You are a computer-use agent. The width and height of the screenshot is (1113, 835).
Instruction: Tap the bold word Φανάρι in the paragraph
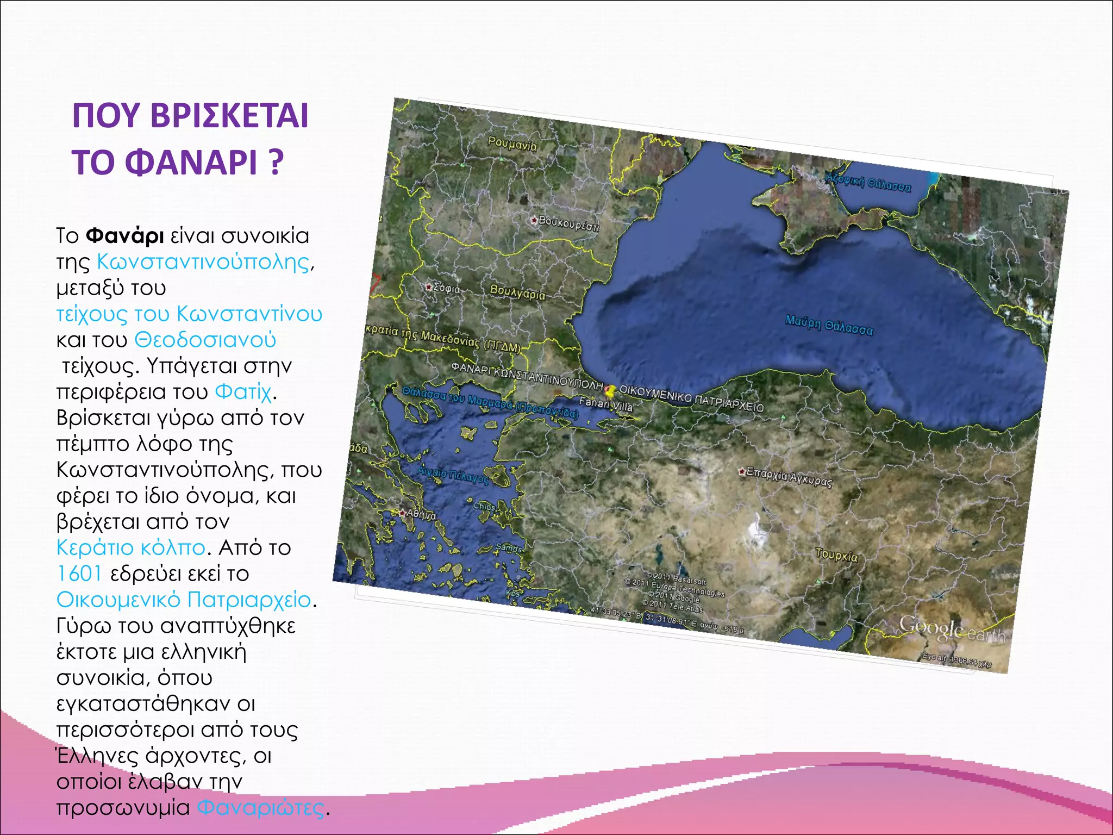point(125,236)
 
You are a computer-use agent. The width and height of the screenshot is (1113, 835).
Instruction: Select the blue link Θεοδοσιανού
point(205,340)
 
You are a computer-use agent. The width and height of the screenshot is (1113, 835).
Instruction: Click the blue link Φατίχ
point(242,391)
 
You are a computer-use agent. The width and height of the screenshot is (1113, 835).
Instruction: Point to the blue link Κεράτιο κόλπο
point(131,547)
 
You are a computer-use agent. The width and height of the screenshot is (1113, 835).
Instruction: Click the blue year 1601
point(79,574)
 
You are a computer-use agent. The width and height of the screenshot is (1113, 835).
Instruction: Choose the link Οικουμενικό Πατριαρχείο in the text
point(184,600)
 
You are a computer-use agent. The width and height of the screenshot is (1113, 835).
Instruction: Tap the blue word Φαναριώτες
point(260,807)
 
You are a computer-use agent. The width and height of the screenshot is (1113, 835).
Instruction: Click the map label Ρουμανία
point(512,144)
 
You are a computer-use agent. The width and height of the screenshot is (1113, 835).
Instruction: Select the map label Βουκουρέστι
point(568,223)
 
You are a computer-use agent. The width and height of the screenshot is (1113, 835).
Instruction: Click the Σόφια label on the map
point(446,289)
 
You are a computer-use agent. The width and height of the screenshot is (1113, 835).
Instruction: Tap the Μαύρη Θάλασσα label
point(829,325)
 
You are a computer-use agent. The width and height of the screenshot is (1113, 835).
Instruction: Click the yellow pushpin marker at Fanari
point(611,390)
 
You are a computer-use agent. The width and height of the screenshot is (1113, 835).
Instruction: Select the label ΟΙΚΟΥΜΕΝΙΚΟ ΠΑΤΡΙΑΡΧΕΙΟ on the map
point(691,398)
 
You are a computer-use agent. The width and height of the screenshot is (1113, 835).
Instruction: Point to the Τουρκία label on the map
point(836,555)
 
